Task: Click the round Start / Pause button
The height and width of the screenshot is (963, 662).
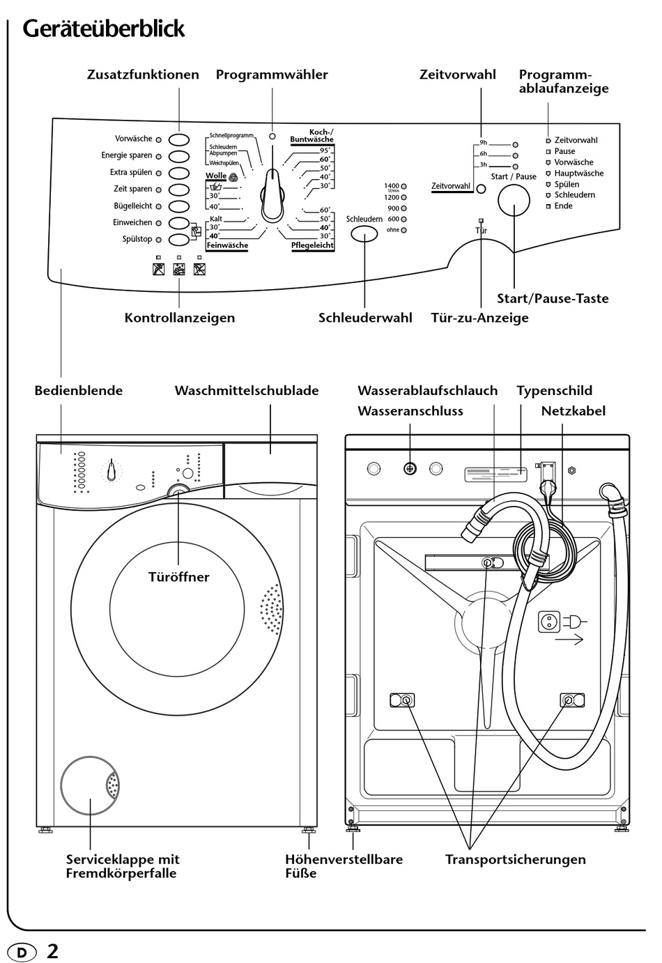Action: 514,201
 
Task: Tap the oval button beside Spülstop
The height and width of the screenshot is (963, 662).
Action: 179,240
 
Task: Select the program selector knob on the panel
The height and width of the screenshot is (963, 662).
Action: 272,194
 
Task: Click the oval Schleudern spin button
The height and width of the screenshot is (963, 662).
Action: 364,234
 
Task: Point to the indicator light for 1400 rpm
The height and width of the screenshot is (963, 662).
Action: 403,187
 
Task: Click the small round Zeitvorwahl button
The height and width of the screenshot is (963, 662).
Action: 481,189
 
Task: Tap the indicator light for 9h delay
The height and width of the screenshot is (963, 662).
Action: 515,145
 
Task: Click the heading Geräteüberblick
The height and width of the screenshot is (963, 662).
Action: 104,30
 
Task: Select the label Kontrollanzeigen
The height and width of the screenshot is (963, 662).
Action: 180,318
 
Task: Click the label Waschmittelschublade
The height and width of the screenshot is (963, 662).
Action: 247,390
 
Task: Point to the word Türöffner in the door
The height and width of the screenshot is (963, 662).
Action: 179,577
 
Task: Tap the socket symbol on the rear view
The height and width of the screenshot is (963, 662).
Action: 549,622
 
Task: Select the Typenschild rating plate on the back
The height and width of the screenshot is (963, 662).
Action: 495,475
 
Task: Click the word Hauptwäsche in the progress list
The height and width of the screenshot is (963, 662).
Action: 578,174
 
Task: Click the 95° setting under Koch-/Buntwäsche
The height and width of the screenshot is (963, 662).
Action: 325,151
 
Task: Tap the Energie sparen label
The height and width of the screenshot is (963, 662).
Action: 127,155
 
